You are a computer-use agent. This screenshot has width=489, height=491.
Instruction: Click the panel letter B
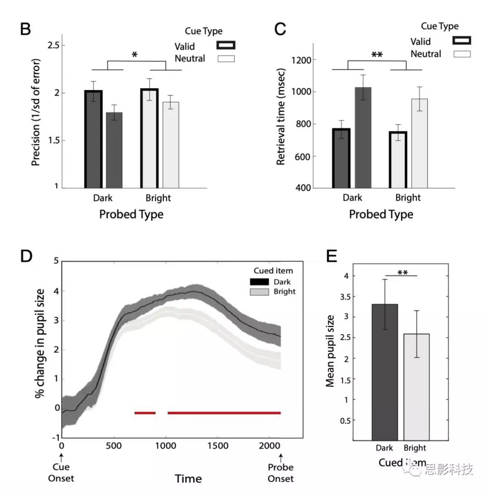click(25, 29)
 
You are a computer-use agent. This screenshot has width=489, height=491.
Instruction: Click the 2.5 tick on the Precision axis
click(56, 46)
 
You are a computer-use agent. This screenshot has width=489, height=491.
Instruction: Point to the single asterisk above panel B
click(134, 55)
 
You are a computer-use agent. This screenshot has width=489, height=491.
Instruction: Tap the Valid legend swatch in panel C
click(461, 40)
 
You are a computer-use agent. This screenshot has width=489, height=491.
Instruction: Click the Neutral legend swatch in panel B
click(226, 58)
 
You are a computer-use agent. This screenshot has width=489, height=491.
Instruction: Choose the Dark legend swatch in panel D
click(259, 281)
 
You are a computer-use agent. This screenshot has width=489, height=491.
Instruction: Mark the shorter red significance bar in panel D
click(145, 413)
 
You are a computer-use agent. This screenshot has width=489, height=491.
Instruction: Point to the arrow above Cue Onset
click(62, 457)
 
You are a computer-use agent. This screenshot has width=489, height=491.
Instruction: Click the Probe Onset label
click(280, 473)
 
